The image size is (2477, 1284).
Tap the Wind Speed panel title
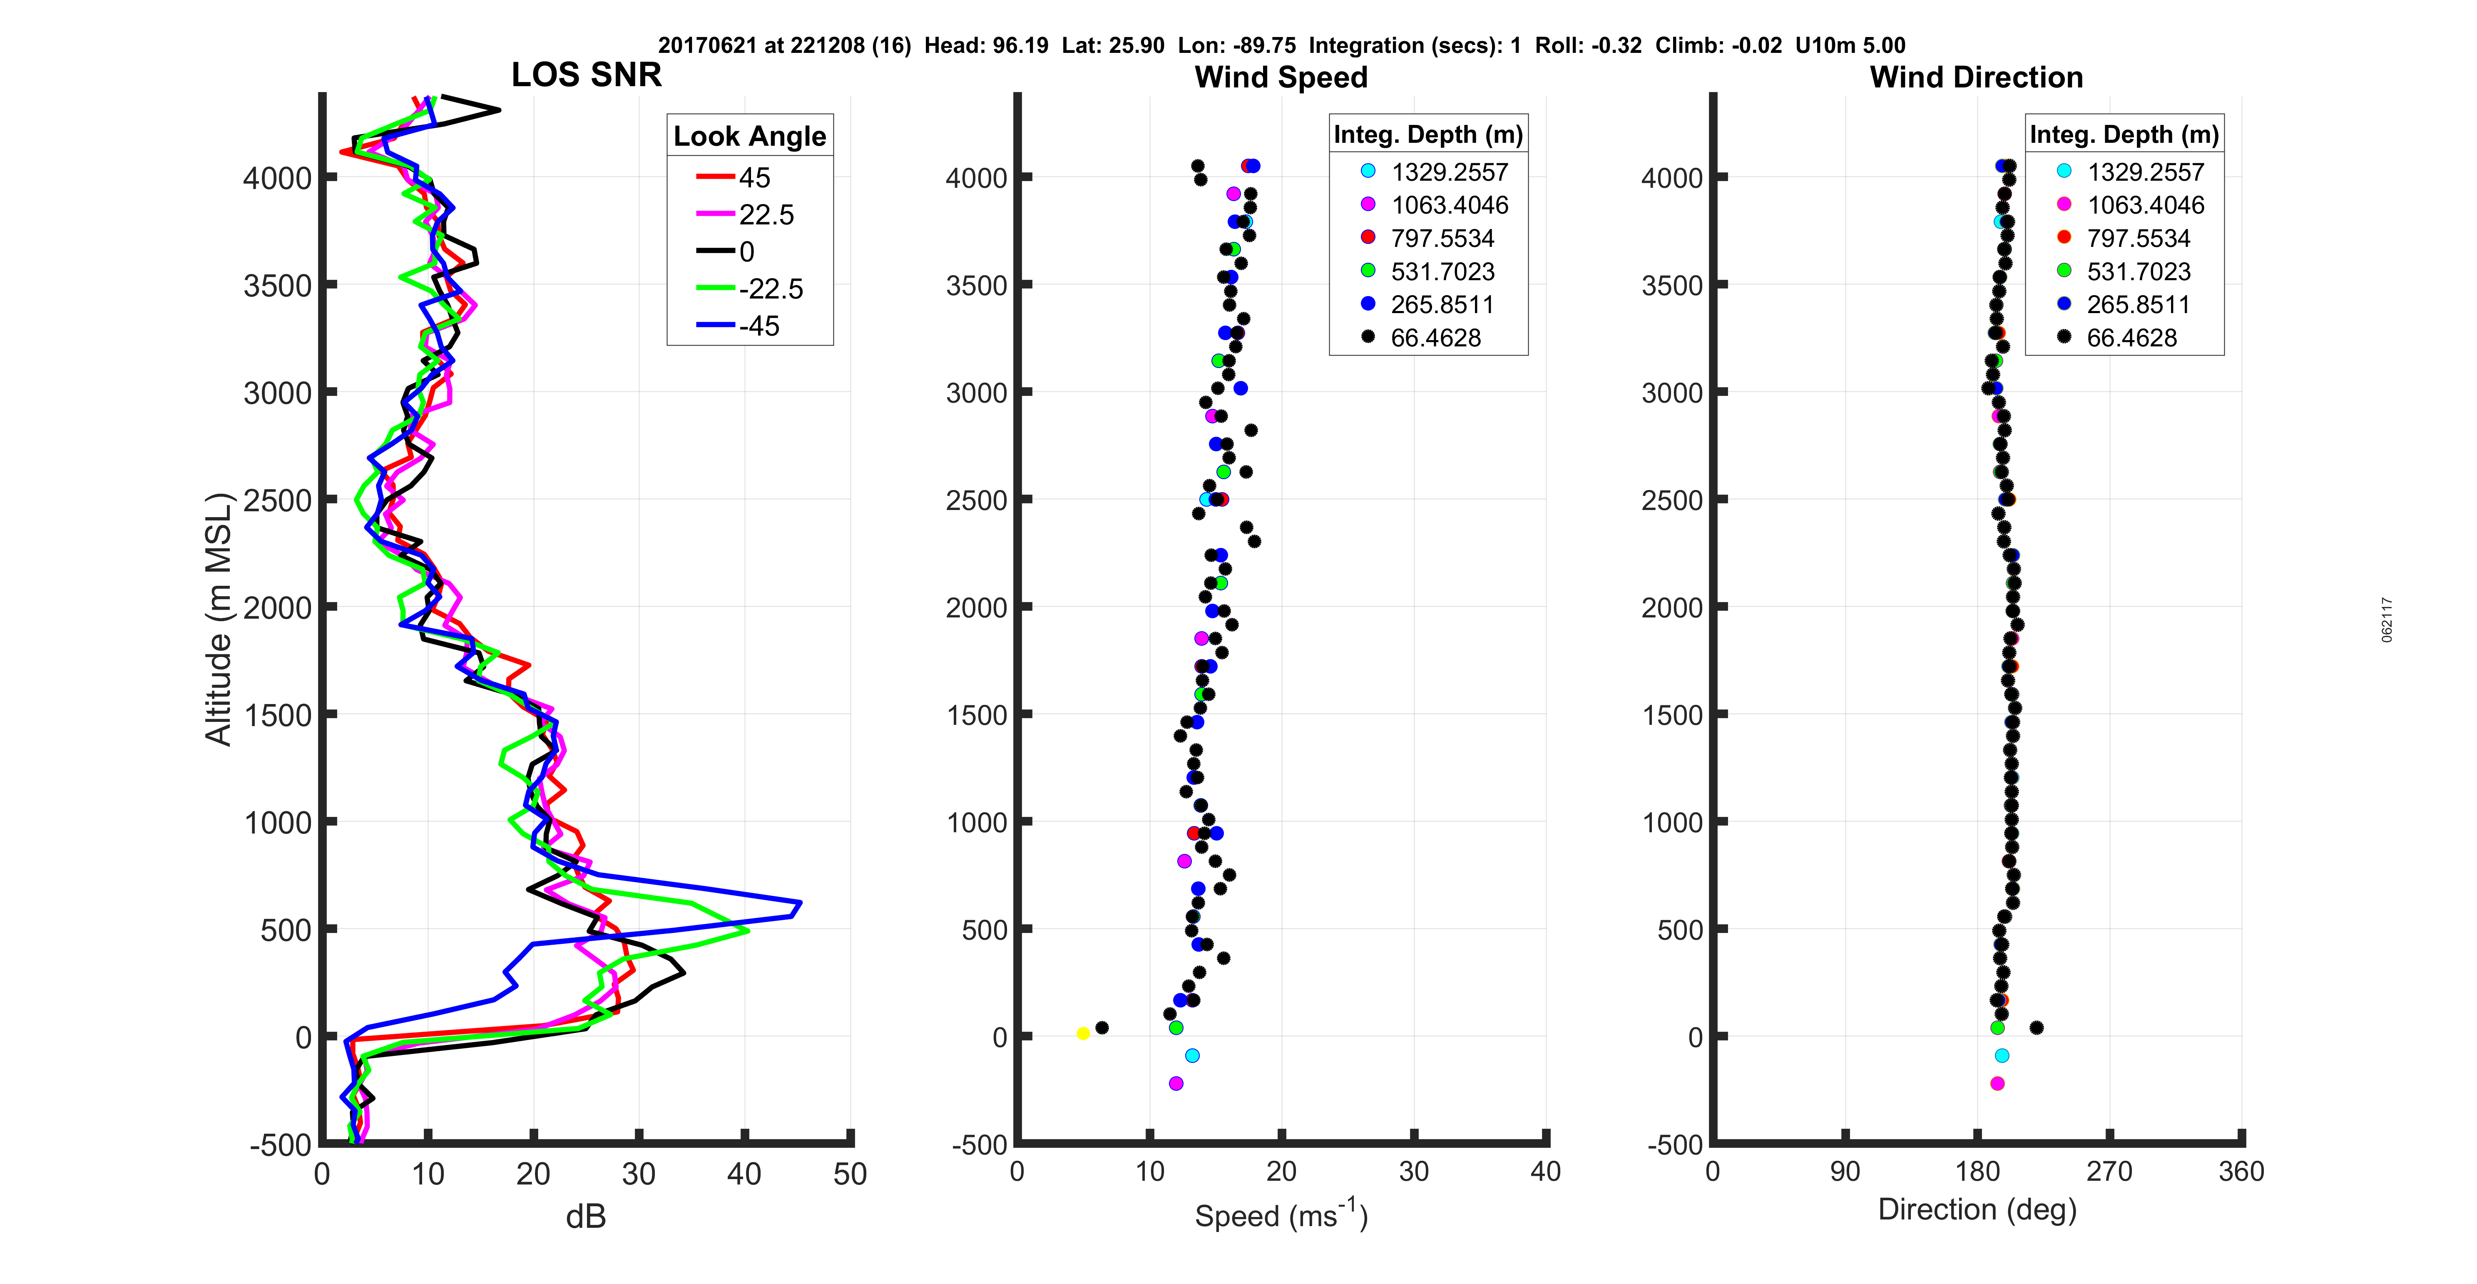point(1281,77)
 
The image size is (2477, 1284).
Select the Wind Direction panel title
point(1976,77)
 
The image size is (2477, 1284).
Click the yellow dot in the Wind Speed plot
point(1083,1034)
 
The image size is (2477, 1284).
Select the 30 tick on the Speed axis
point(1413,1172)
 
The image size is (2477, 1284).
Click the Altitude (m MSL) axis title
point(219,618)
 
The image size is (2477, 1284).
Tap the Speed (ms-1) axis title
point(1281,1215)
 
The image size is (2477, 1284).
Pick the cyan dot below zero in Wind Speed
point(1192,1056)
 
